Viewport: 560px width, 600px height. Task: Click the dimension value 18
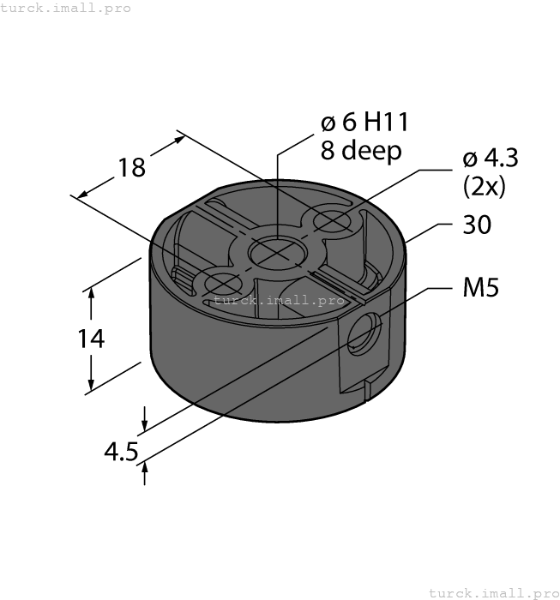tap(131, 167)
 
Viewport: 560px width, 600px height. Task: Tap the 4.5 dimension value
tap(120, 451)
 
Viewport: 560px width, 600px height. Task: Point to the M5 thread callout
tap(480, 288)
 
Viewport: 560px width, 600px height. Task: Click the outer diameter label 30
tap(477, 225)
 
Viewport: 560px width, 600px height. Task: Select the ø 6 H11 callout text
tap(364, 123)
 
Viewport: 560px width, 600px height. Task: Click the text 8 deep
tap(360, 152)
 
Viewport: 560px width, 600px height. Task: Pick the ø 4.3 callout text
tap(490, 159)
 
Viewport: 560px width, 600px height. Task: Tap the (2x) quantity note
tap(484, 186)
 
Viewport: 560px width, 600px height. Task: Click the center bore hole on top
tap(277, 251)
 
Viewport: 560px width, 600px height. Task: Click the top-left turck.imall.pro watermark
tap(66, 8)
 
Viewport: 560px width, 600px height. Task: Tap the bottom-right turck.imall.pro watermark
tap(492, 592)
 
